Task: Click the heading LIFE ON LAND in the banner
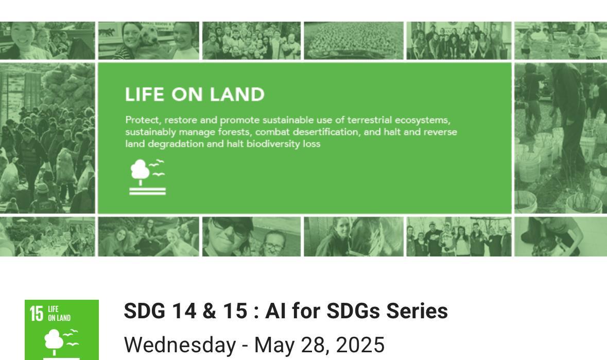tap(195, 95)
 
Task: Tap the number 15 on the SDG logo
tap(37, 314)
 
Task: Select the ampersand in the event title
tap(209, 311)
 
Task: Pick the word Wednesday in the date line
tap(180, 345)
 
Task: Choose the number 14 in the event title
tap(183, 311)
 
